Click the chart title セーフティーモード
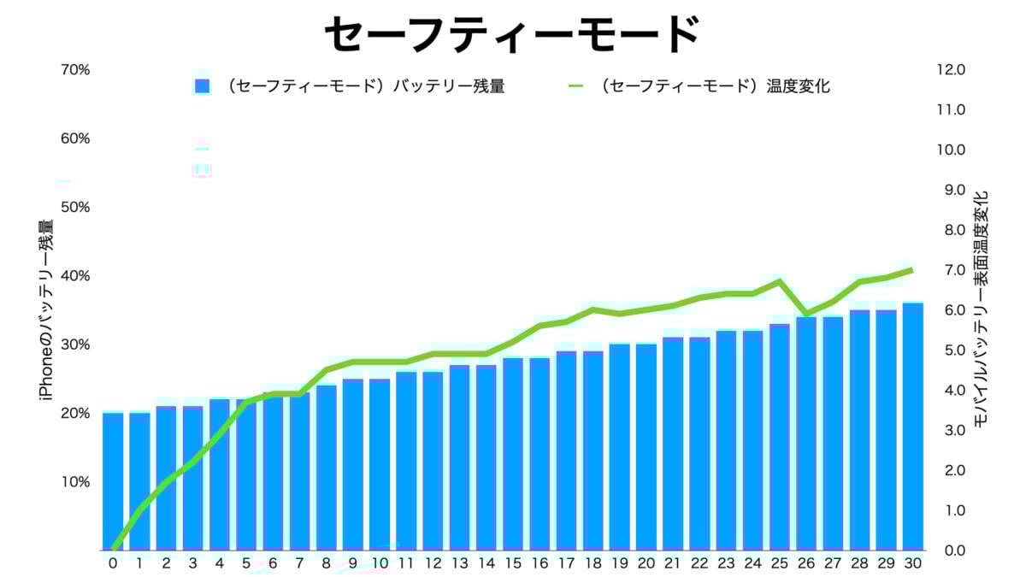pyautogui.click(x=512, y=35)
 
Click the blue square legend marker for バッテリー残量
pyautogui.click(x=202, y=86)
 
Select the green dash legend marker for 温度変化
pyautogui.click(x=575, y=86)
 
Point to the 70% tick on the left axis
pyautogui.click(x=75, y=69)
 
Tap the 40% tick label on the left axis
pyautogui.click(x=75, y=276)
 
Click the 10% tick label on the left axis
pyautogui.click(x=75, y=482)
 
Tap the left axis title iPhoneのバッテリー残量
pyautogui.click(x=46, y=309)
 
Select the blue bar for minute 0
pyautogui.click(x=113, y=481)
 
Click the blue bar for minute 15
pyautogui.click(x=513, y=454)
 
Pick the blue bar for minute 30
pyautogui.click(x=912, y=427)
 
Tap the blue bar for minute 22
pyautogui.click(x=699, y=444)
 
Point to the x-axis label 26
pyautogui.click(x=805, y=563)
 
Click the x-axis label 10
pyautogui.click(x=380, y=563)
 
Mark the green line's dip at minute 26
pyautogui.click(x=805, y=314)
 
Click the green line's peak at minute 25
pyautogui.click(x=779, y=281)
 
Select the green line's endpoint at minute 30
pyautogui.click(x=912, y=270)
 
